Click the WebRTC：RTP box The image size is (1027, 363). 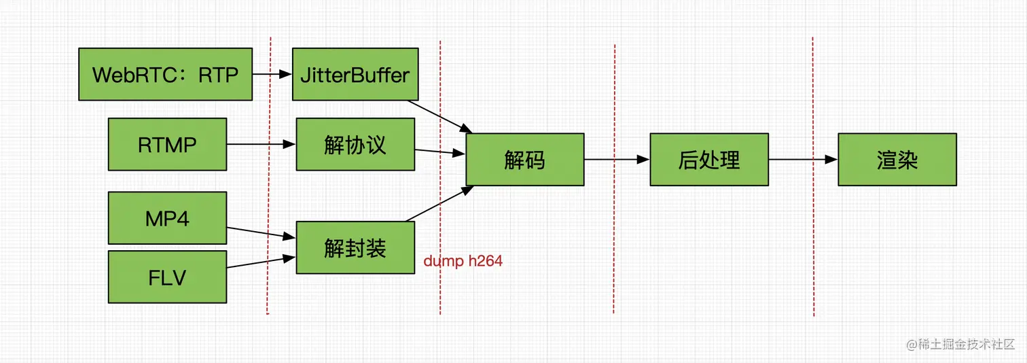coord(165,74)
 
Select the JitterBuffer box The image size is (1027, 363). coord(355,74)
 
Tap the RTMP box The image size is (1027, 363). coord(167,144)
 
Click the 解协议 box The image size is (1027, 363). coord(355,144)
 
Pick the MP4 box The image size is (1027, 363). coord(167,218)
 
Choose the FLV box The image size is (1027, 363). coord(167,277)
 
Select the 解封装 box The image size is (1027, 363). coord(355,247)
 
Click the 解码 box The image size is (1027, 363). coord(524,159)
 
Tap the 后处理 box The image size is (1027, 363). coord(709,159)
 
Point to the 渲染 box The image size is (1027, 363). coord(897,159)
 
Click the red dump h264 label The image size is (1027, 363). coord(463,260)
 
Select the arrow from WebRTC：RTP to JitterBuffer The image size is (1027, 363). coord(272,74)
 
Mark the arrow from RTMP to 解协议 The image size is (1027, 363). coord(261,144)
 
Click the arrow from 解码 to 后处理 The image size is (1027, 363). coord(617,159)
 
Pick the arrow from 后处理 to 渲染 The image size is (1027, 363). coord(803,159)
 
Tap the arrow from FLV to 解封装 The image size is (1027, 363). coord(261,262)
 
